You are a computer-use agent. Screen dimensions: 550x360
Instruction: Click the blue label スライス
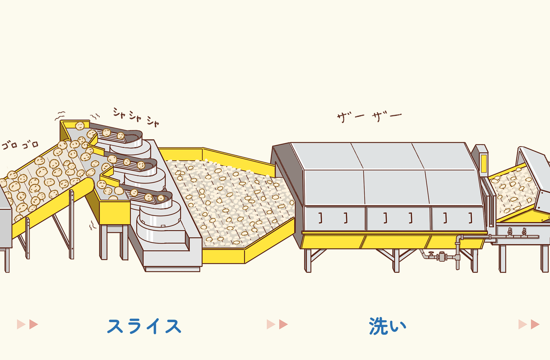(144, 326)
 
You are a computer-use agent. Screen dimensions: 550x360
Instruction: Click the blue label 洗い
(387, 326)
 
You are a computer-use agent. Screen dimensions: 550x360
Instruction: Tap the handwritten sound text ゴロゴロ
(20, 145)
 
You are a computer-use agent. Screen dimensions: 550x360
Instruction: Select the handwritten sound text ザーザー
(369, 117)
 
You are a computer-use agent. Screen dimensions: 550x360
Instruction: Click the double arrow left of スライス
(27, 324)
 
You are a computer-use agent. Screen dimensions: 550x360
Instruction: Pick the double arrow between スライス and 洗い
(277, 324)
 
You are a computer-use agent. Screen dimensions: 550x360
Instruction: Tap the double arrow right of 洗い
(529, 324)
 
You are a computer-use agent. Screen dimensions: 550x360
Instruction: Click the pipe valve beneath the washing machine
(441, 256)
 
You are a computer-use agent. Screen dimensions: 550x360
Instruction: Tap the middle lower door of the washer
(398, 218)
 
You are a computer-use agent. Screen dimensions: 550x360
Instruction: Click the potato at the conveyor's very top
(80, 126)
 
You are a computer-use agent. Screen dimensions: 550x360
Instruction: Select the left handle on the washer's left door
(321, 218)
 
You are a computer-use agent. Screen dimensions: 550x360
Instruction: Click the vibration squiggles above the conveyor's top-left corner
(60, 115)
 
